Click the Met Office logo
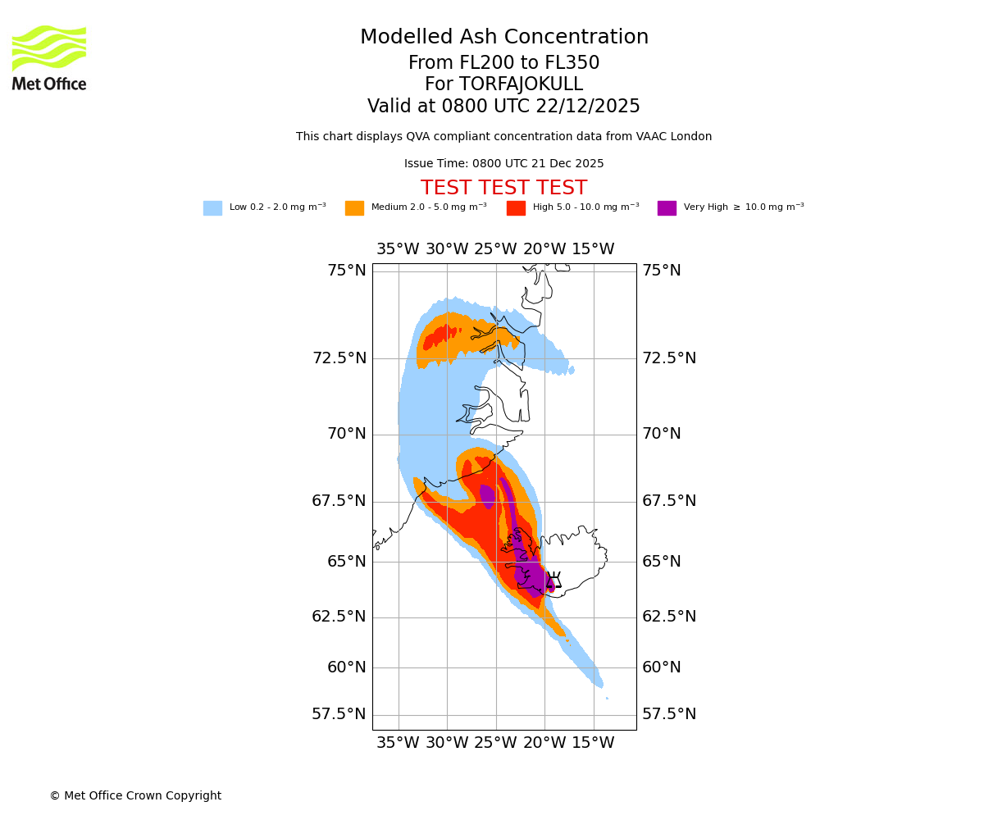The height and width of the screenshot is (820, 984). pyautogui.click(x=49, y=57)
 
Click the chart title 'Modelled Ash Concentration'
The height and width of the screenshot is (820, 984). pyautogui.click(x=503, y=38)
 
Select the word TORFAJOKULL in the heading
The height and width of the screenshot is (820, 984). pyautogui.click(x=522, y=84)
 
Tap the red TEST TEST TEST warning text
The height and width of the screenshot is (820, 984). pyautogui.click(x=503, y=189)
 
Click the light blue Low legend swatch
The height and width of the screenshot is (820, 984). pyautogui.click(x=212, y=208)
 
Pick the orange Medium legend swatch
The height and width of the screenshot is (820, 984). pyautogui.click(x=354, y=208)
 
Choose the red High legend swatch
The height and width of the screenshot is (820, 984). pyautogui.click(x=516, y=208)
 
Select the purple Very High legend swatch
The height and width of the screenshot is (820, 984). pyautogui.click(x=667, y=208)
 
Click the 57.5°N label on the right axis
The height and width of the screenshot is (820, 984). pyautogui.click(x=669, y=714)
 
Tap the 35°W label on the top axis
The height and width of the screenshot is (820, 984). pyautogui.click(x=398, y=249)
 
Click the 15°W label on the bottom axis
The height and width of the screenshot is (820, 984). pyautogui.click(x=593, y=743)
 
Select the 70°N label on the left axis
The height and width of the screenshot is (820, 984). pyautogui.click(x=346, y=434)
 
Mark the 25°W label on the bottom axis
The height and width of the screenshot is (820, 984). pyautogui.click(x=495, y=743)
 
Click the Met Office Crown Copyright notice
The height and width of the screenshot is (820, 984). pyautogui.click(x=135, y=796)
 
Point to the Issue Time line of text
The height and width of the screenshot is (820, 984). pyautogui.click(x=503, y=164)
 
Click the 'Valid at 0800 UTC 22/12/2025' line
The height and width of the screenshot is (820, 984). pyautogui.click(x=503, y=107)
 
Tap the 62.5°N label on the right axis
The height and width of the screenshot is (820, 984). pyautogui.click(x=669, y=617)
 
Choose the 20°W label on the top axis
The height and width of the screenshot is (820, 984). pyautogui.click(x=544, y=249)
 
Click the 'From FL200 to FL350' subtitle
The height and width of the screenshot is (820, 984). pyautogui.click(x=503, y=63)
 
